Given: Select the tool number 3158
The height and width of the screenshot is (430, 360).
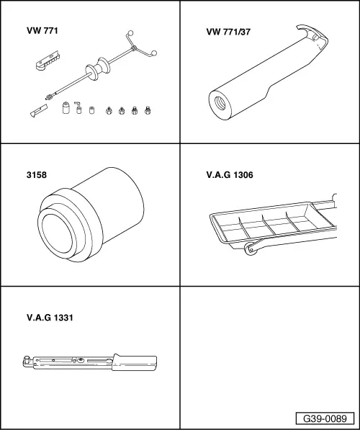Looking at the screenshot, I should point(34,174).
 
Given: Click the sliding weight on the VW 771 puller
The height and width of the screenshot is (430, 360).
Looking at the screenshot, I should point(95,70).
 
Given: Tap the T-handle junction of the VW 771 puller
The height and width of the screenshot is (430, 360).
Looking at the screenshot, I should point(134,48).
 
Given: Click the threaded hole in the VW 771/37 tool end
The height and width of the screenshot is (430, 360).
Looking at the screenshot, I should point(215,99).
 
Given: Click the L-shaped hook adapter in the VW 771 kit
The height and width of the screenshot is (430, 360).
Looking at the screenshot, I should point(76,107).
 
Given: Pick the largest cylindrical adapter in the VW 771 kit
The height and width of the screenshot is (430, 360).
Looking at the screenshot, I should point(64,108).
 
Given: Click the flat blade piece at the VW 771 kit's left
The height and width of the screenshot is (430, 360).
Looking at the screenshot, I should point(37,112).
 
